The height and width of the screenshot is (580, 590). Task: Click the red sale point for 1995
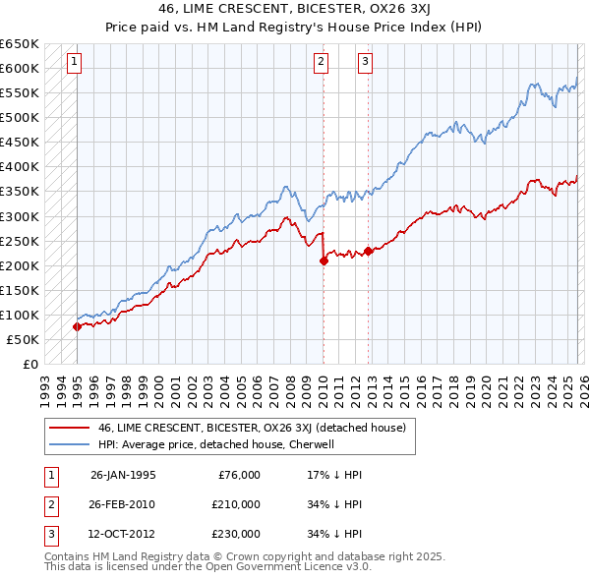[77, 327]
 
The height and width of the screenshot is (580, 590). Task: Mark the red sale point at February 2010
[324, 261]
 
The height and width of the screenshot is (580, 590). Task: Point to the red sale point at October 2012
[368, 251]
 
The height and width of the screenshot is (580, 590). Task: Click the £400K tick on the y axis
[20, 166]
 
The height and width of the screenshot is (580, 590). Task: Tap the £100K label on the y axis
[20, 315]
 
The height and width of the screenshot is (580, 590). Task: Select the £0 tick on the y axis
[30, 364]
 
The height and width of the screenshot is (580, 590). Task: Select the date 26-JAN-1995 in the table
[123, 475]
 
